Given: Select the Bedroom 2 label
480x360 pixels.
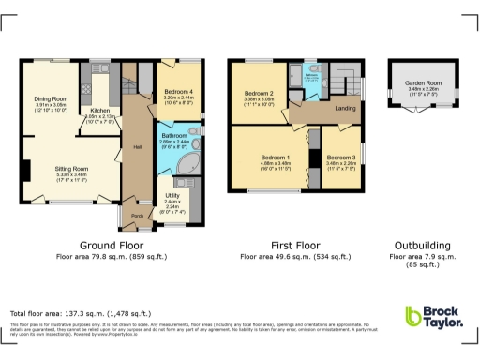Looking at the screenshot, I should point(259,94).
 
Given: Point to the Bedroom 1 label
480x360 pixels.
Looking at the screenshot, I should point(275,157).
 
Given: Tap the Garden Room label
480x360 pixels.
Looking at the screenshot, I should point(423,82).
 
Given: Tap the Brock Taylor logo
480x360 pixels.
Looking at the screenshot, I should point(433,318).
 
